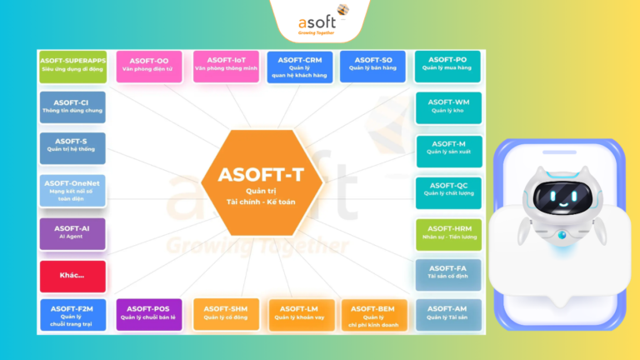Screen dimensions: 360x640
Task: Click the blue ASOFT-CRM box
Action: click(300, 67)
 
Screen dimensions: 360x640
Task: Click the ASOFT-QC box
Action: click(450, 191)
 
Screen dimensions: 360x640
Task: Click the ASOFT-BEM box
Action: click(374, 314)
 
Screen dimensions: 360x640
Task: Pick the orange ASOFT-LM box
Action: click(300, 314)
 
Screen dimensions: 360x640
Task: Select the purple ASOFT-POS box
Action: click(149, 314)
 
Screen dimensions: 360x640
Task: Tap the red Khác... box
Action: click(72, 276)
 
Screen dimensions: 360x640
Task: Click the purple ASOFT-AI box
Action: click(72, 233)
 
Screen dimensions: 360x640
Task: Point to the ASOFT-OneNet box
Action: click(72, 190)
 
